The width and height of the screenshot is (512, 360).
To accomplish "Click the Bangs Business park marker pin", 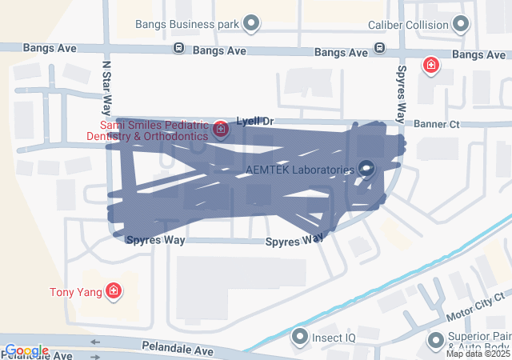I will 252,24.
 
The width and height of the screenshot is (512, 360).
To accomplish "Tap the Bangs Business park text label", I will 187,25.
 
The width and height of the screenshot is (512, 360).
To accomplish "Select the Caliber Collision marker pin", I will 461,25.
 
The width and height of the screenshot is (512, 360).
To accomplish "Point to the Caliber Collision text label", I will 408,25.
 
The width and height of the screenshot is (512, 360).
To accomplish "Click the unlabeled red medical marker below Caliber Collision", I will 431,65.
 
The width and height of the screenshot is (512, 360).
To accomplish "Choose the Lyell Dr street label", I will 255,122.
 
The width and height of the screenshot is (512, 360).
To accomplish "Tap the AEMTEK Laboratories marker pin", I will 366,169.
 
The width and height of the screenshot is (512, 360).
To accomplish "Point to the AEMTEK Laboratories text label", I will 299,170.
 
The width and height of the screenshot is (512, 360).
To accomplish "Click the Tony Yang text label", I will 75,292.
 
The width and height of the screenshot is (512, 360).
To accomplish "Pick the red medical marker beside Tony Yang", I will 114,291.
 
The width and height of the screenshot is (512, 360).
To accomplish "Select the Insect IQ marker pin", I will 300,337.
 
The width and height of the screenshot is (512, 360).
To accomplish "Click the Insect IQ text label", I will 334,338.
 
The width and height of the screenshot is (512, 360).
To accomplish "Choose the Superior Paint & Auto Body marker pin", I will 436,340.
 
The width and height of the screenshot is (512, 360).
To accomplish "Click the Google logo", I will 26,350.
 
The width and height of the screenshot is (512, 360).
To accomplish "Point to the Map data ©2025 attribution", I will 478,354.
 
